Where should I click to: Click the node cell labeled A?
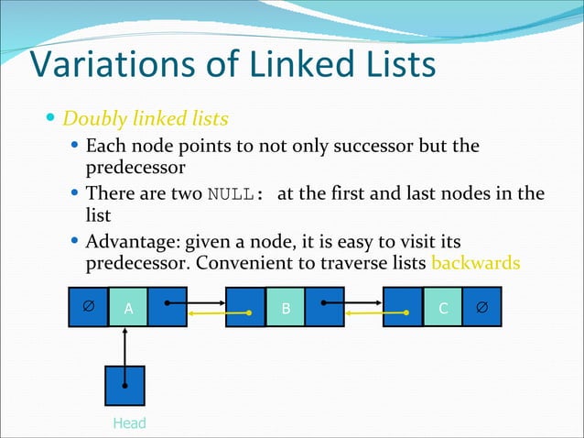coord(128,309)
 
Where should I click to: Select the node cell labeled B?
coord(286,309)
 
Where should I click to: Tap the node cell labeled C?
coord(443,309)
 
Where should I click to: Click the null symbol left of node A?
coord(88,307)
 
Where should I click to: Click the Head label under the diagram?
coord(129,422)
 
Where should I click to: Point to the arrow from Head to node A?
coord(126,346)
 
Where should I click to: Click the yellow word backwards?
coord(475,264)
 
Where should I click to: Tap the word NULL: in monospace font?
coord(236,195)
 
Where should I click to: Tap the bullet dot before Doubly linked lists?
coord(51,119)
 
